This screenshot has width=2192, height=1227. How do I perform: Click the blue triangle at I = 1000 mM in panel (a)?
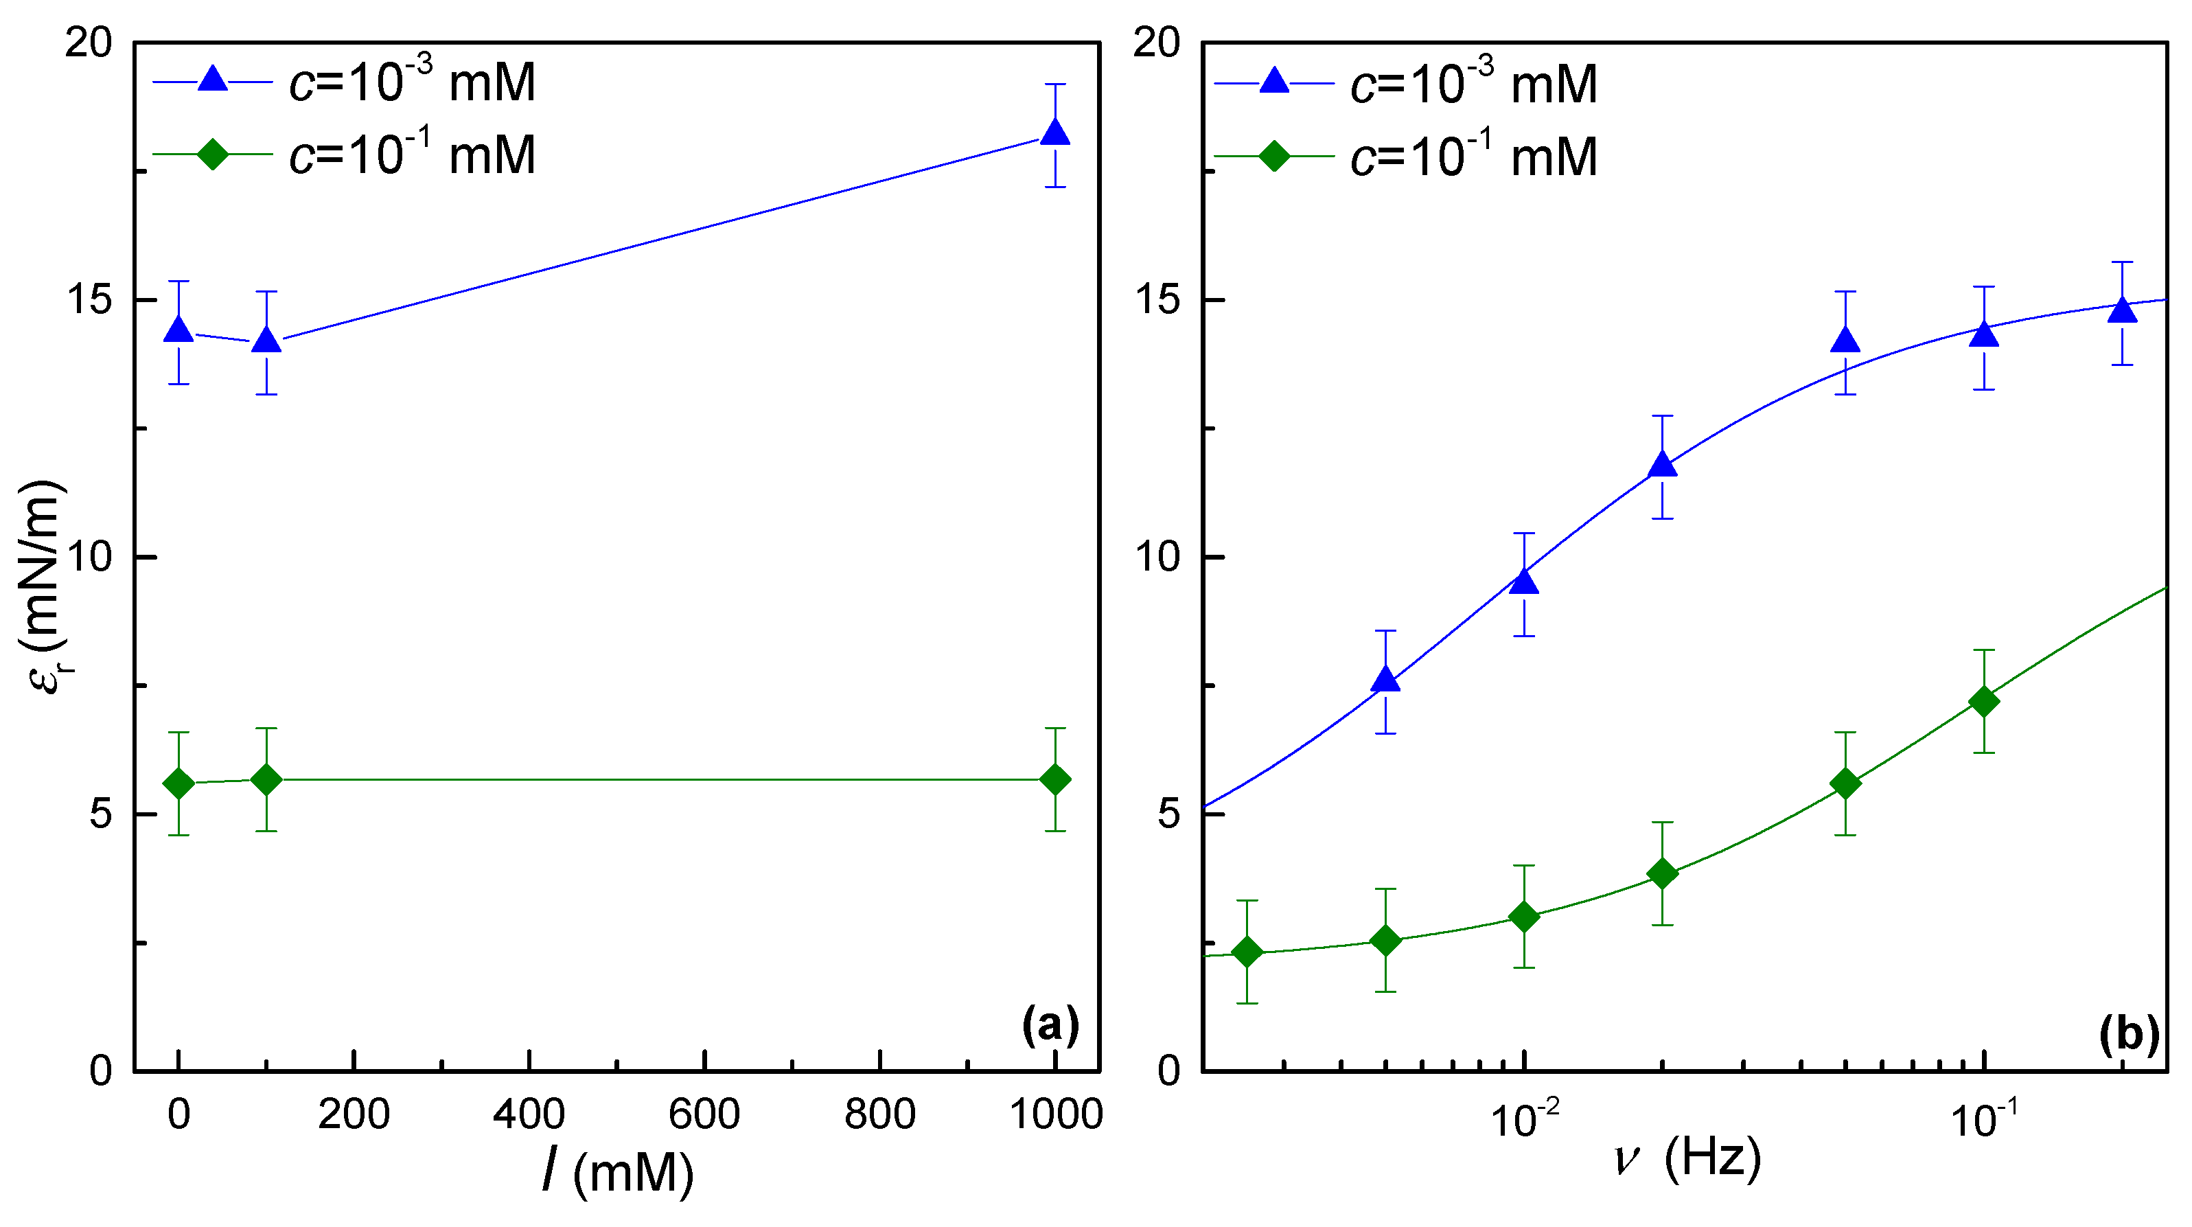(x=1055, y=134)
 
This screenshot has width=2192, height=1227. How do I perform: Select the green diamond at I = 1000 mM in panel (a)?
(x=1055, y=779)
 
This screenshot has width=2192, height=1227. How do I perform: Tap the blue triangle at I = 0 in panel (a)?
(x=178, y=330)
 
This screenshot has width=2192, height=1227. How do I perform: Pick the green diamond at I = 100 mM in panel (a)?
(x=267, y=779)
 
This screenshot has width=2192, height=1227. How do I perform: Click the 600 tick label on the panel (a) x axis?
(x=704, y=1114)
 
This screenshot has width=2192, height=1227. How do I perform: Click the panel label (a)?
(x=1050, y=1024)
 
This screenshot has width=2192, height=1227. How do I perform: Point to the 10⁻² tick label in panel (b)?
(x=1525, y=1118)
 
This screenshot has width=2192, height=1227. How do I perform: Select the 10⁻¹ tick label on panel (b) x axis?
(x=1983, y=1118)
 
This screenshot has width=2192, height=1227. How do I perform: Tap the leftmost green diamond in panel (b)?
(x=1247, y=952)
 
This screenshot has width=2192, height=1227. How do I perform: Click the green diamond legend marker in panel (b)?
(x=1274, y=156)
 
